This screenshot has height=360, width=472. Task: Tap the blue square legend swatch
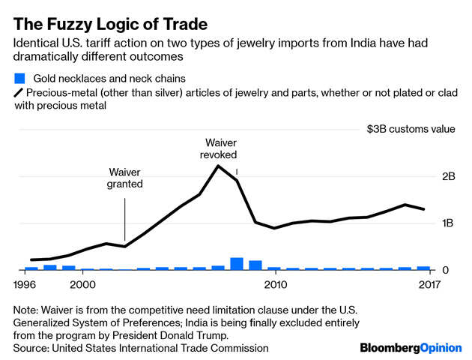click(x=19, y=78)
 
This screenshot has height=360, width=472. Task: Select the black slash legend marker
click(x=19, y=92)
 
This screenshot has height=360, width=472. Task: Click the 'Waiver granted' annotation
click(x=125, y=177)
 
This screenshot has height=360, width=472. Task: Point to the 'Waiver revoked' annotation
click(x=218, y=148)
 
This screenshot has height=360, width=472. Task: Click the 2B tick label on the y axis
click(x=449, y=177)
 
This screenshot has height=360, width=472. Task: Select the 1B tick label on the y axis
click(x=449, y=223)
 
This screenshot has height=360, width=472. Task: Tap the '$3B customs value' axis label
click(x=411, y=129)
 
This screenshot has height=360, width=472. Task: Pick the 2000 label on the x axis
click(x=82, y=284)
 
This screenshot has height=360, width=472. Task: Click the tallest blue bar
click(x=237, y=263)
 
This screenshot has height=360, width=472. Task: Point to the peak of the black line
click(x=218, y=165)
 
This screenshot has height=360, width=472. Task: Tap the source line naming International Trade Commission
click(x=141, y=348)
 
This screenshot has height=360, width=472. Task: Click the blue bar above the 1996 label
click(x=31, y=268)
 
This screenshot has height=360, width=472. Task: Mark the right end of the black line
click(x=424, y=209)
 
